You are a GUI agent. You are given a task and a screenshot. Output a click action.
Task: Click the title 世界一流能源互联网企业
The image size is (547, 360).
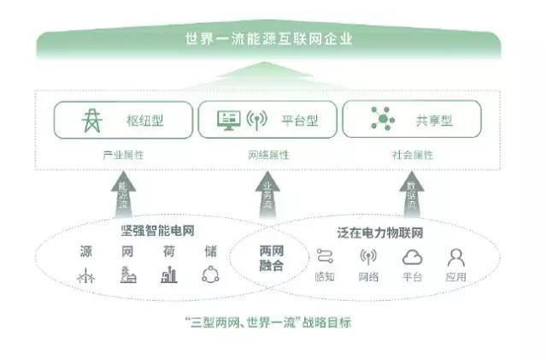pyautogui.click(x=268, y=38)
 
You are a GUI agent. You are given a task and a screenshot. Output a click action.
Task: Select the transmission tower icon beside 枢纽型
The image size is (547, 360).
pyautogui.click(x=90, y=121)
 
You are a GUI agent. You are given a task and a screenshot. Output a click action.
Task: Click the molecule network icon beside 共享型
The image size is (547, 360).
pyautogui.click(x=382, y=121)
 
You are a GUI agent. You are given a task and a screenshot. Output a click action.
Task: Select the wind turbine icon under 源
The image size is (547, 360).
pyautogui.click(x=85, y=275)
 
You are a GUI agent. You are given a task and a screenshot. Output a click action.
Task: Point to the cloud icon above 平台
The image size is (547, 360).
pyautogui.click(x=412, y=257)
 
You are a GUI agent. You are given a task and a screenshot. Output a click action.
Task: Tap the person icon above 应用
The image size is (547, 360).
pyautogui.click(x=456, y=257)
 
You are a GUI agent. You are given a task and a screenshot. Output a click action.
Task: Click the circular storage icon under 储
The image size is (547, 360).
pyautogui.click(x=209, y=275)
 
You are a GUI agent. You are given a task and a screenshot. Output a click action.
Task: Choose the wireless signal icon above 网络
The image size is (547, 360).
pyautogui.click(x=368, y=257)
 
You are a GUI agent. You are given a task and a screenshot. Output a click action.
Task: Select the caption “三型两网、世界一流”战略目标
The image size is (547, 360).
pyautogui.click(x=268, y=322)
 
